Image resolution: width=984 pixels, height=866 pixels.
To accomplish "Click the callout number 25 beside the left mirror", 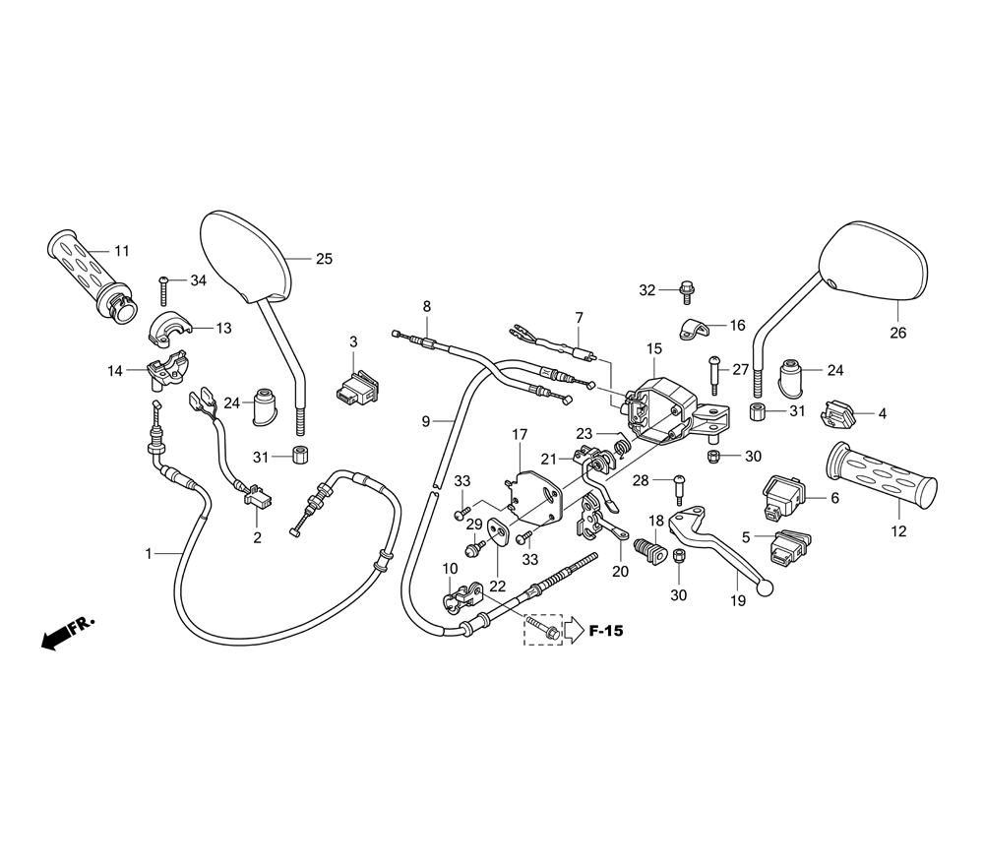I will click(324, 259).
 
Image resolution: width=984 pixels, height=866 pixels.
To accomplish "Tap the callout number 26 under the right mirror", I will click(897, 333).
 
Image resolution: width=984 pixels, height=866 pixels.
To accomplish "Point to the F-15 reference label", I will click(605, 631).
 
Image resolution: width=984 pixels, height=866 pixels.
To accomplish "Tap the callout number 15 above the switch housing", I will click(654, 348).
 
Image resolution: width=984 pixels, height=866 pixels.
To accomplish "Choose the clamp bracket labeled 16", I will click(695, 329).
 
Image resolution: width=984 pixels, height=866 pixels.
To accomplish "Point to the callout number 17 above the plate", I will click(520, 434).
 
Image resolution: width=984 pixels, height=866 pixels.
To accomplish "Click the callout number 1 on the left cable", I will click(150, 554).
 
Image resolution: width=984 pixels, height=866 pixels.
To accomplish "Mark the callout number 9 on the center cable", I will click(425, 421).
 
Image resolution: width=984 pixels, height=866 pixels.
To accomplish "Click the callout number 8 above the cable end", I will click(427, 306).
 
